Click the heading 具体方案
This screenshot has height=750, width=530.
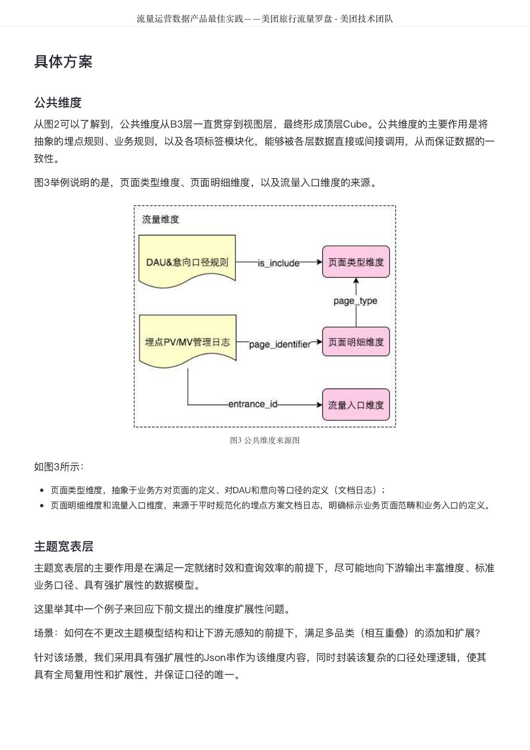click(x=63, y=61)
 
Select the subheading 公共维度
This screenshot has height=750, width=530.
click(x=58, y=103)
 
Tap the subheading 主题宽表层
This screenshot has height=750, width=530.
click(x=64, y=546)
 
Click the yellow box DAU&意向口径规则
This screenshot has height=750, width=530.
click(x=187, y=261)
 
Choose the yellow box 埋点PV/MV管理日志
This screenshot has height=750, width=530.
click(x=187, y=342)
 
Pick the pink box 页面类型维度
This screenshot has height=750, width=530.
click(x=356, y=262)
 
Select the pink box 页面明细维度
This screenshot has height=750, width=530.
click(x=356, y=342)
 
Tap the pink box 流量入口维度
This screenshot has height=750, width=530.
click(x=356, y=405)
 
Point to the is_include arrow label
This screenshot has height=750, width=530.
click(x=279, y=263)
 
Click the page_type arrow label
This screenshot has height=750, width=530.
click(x=356, y=301)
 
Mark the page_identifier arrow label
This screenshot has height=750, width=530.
click(x=280, y=344)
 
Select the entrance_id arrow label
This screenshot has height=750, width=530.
click(x=253, y=405)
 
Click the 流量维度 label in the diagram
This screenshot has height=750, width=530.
click(x=160, y=219)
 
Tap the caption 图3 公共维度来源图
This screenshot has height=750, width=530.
click(x=265, y=440)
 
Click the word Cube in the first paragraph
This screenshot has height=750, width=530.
click(x=355, y=124)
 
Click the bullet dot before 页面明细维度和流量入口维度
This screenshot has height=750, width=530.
click(x=42, y=505)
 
